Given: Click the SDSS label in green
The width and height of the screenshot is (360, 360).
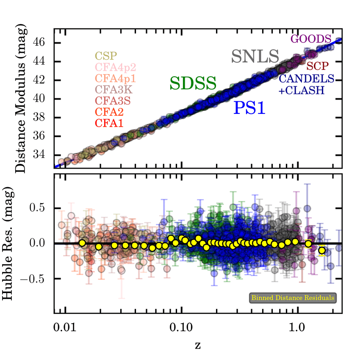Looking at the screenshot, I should pos(193,83).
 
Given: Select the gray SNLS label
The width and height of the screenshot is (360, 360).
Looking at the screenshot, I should pos(255,56).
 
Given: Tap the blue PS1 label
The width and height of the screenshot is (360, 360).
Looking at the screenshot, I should pos(249,108).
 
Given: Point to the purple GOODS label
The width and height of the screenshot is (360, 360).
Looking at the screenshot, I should pos(310,39).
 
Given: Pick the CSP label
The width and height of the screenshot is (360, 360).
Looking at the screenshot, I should pos(106,55).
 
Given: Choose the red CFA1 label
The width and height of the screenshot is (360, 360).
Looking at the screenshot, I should pos(106,123).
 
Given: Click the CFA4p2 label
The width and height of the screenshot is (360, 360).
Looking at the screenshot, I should pos(114,67).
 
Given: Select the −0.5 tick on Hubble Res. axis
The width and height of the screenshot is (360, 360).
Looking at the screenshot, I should pos(35,278).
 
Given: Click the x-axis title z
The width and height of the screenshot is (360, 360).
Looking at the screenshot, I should pos(198,345).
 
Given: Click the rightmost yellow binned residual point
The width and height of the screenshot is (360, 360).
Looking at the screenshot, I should pos(322,250).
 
